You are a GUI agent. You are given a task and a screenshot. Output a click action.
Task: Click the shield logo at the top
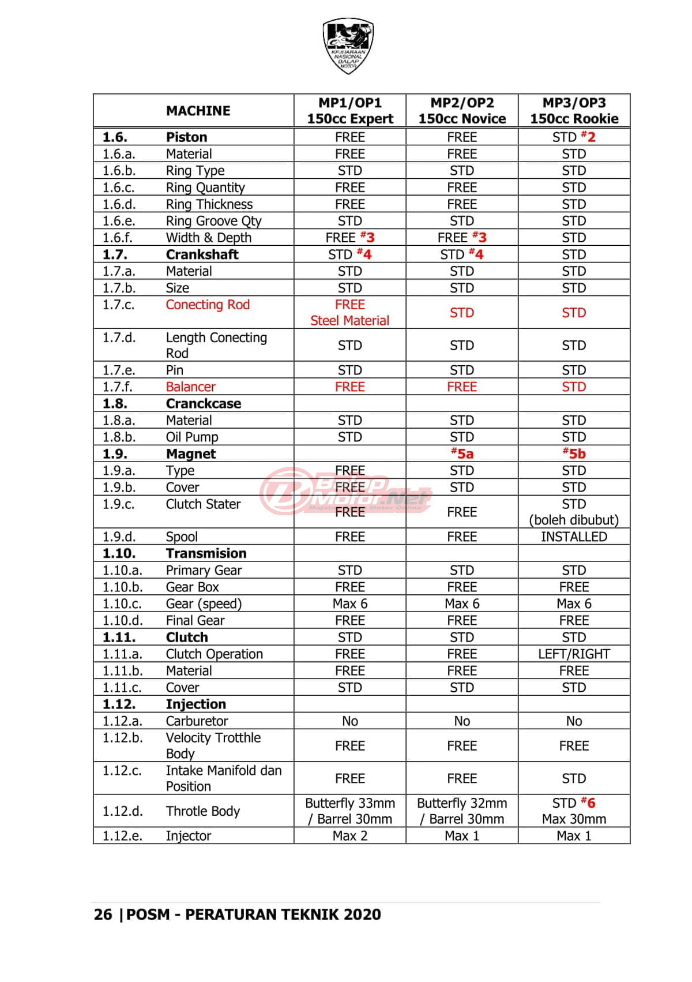coord(348,45)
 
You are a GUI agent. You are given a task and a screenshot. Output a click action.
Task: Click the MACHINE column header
coord(198,111)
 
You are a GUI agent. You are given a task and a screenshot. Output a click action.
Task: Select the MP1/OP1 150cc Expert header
coord(349,111)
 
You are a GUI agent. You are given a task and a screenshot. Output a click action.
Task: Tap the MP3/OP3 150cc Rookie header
coord(574,111)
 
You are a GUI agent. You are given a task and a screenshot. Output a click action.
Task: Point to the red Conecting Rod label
coord(208,305)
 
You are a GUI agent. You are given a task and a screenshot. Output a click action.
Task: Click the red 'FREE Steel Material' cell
coord(349,313)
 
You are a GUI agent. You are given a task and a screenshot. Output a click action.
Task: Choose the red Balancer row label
coord(190,387)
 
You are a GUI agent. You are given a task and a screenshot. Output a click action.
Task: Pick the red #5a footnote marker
coord(462,453)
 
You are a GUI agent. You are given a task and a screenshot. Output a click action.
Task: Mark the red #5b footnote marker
coord(574,453)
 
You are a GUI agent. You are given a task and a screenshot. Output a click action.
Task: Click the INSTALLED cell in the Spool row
coord(574,537)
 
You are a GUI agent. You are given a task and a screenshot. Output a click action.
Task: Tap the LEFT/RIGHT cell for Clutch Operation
coord(574,654)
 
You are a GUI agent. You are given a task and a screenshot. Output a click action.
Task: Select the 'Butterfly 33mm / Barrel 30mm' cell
coord(349,811)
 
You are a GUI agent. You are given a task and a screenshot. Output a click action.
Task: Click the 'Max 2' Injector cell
coord(349,835)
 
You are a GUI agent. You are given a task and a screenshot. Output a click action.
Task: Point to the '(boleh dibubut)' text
coord(574,520)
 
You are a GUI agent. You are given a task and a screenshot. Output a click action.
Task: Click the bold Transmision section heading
coord(206,553)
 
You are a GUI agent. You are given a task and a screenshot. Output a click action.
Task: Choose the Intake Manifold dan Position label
coord(223,778)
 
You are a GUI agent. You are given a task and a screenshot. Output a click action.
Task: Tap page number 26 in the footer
coord(103,914)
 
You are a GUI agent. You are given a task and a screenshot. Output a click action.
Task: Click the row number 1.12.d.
coord(122,811)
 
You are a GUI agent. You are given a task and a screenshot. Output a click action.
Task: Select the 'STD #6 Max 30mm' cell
coord(574,811)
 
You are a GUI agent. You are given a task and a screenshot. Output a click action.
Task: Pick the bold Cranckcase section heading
coord(203,403)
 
